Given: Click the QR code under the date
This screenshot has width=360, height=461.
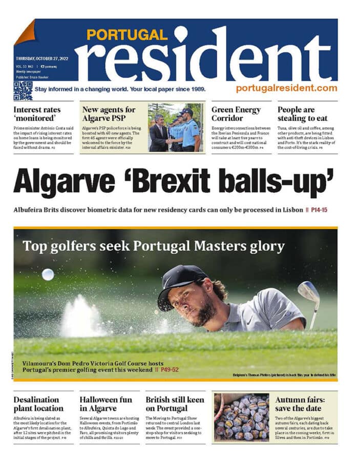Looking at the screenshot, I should point(23,90).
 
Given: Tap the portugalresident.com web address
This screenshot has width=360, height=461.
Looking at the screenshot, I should point(286,88).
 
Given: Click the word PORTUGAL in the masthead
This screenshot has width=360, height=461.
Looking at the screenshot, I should point(126,35).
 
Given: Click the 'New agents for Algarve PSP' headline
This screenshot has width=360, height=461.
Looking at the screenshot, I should point(109,114).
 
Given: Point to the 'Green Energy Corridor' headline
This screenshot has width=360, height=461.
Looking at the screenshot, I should point(236,114).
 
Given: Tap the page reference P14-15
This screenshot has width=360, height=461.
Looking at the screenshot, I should point(323,209).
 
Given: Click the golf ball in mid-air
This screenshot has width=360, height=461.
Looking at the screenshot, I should point(48,275).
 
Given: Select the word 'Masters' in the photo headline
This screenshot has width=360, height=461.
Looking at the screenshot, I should point(218,246).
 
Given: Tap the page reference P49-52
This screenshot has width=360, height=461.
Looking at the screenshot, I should point(171,369).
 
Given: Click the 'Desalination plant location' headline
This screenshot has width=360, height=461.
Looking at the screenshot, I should point(38,404).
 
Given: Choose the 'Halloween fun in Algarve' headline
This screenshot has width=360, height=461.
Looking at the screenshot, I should point(105,404).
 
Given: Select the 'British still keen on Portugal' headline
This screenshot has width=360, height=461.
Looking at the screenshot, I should point(175,404).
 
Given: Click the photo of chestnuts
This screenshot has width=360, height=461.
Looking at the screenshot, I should point(240,417).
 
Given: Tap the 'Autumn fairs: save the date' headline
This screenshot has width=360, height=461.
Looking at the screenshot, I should point(299,404).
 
